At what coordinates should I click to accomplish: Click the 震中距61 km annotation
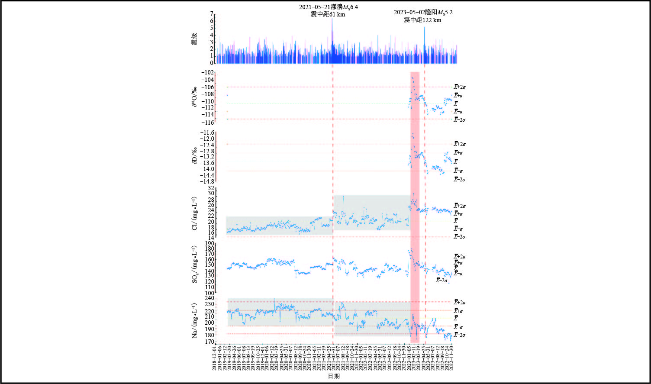pos(329,15)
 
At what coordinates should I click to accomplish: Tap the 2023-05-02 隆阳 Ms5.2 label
pos(423,13)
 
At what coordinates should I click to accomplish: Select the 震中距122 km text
pos(422,20)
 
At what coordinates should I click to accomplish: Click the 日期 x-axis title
pos(333,377)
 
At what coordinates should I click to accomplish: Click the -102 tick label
pos(207,73)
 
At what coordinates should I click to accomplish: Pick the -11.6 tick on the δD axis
pos(206,132)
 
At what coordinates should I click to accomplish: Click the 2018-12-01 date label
pos(214,358)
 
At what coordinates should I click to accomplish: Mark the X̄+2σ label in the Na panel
pos(459,302)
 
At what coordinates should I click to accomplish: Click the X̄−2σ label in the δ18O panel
pos(459,119)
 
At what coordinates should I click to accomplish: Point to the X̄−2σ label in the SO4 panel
pos(442,281)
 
